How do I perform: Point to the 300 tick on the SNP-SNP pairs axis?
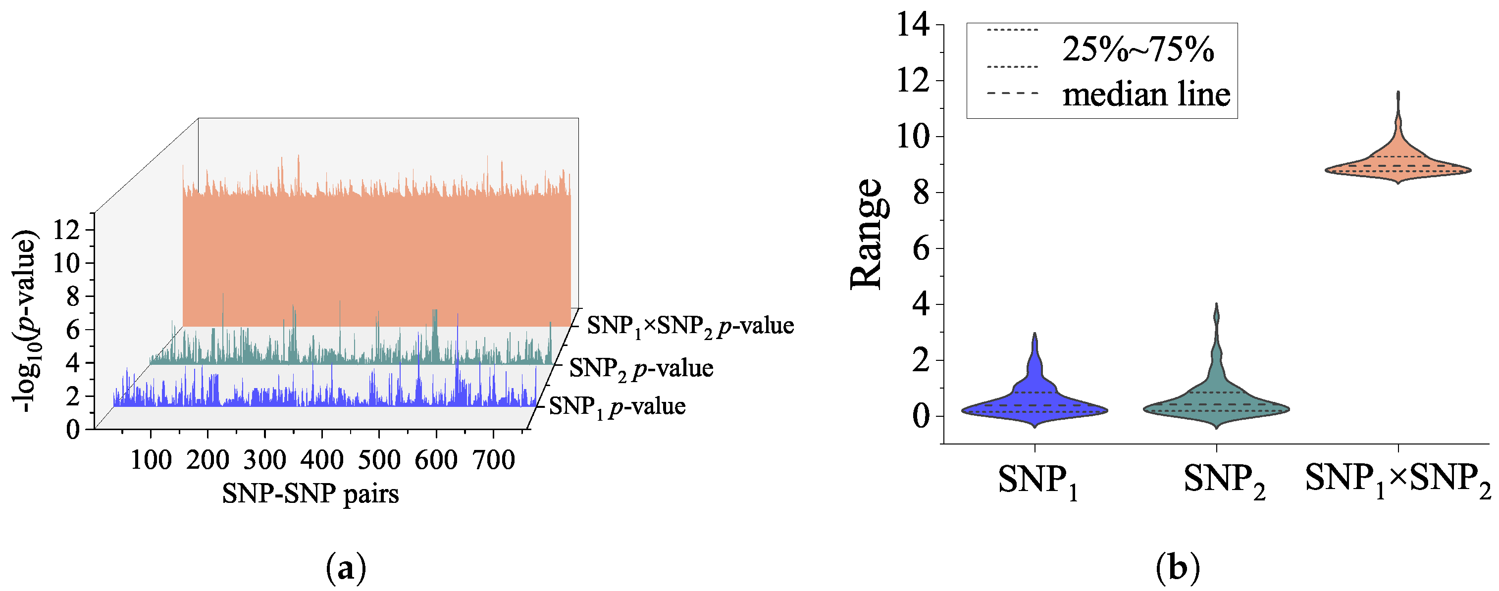coord(265,460)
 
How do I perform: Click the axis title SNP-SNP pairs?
coord(310,494)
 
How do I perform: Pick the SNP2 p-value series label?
coord(641,368)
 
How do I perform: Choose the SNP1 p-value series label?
coord(617,406)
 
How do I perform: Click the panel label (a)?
coord(346,568)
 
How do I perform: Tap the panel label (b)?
coord(1177,568)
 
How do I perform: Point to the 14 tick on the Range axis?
coord(913,26)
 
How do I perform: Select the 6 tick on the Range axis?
coord(921,248)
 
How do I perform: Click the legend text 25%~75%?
coord(1137,49)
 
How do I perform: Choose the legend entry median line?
coord(1146,94)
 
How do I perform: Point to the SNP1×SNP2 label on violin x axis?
coord(1398,481)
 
